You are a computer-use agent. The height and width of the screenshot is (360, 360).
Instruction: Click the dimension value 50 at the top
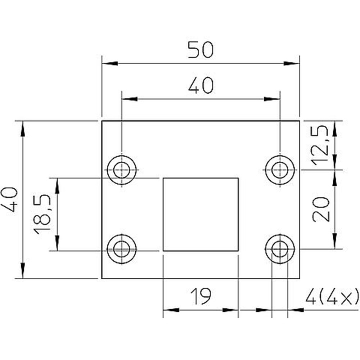point(201,49)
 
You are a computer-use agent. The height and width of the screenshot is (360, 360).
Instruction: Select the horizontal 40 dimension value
point(201,85)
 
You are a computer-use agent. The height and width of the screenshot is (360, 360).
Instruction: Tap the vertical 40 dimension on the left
point(10,199)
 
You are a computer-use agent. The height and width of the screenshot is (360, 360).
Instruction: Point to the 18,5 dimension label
point(42,215)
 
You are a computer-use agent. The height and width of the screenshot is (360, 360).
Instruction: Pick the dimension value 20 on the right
point(321,209)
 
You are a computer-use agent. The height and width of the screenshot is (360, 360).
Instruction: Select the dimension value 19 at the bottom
point(201,296)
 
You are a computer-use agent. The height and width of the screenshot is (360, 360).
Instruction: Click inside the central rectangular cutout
point(201,214)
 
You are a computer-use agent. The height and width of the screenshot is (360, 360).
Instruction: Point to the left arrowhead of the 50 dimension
point(110,63)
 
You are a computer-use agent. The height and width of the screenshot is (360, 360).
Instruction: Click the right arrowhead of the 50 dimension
point(292,63)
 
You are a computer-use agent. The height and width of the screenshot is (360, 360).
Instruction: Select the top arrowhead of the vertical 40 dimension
point(22,129)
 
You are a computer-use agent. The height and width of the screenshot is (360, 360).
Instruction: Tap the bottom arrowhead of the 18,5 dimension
point(57,243)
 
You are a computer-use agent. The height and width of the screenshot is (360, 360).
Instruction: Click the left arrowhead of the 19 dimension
point(171,310)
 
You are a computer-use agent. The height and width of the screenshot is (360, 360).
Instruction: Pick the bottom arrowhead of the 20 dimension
point(335,241)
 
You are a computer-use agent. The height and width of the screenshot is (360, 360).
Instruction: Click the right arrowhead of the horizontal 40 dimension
point(272,99)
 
